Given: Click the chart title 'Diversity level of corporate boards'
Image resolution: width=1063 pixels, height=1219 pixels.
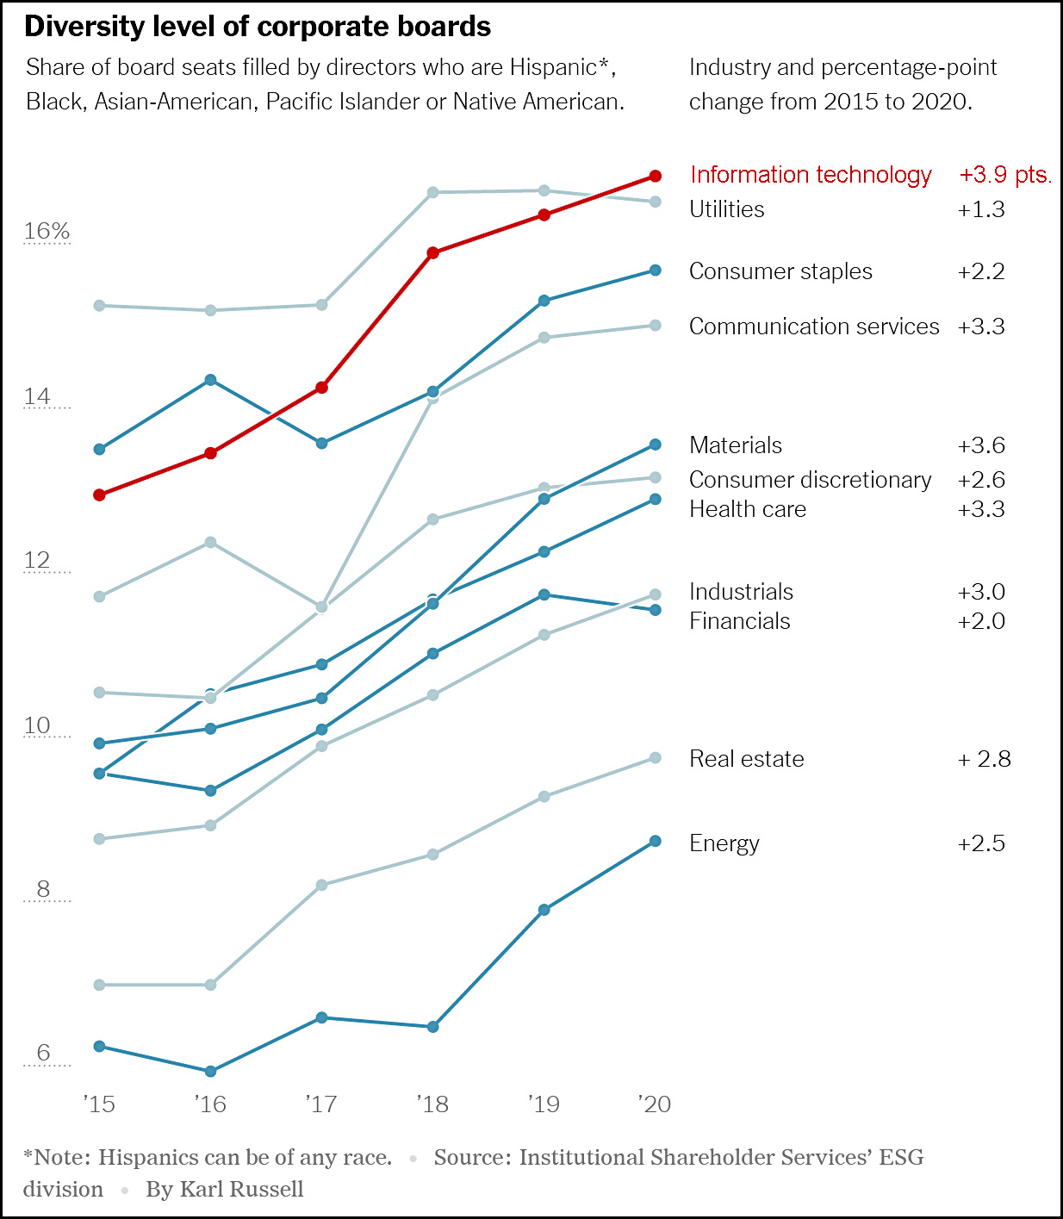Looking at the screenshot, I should click(x=258, y=27).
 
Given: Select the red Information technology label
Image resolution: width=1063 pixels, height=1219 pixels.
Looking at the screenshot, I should click(x=811, y=175).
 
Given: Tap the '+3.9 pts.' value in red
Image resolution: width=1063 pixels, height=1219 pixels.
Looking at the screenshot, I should click(x=1005, y=175).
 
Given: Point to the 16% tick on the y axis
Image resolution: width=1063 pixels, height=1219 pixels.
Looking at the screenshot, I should click(x=47, y=231).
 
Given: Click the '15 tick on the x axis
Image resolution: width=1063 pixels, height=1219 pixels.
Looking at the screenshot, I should click(x=99, y=1104).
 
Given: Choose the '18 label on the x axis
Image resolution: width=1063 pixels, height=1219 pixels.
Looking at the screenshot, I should click(x=432, y=1104).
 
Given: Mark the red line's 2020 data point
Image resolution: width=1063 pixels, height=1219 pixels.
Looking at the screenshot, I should click(x=655, y=176).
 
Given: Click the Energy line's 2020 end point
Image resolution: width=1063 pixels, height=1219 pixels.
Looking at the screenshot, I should click(x=655, y=841).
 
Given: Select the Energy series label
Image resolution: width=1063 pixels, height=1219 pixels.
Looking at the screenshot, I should click(x=724, y=843).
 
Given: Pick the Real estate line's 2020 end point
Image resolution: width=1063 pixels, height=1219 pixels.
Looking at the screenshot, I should click(x=655, y=758).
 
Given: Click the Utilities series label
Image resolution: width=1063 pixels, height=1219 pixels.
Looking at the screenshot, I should click(x=727, y=209).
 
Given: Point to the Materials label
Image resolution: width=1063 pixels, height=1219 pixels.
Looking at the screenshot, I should click(x=736, y=445).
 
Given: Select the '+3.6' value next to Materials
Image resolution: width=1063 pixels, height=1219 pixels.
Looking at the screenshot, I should click(x=981, y=445).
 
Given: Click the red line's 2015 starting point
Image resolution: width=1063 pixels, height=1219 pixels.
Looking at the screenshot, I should click(x=99, y=494).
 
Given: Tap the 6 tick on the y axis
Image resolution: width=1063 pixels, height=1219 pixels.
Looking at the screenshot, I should click(x=43, y=1053).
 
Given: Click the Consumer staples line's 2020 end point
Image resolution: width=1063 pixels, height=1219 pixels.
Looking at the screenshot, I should click(x=655, y=271).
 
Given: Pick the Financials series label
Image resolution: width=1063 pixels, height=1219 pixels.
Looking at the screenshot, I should click(x=740, y=621).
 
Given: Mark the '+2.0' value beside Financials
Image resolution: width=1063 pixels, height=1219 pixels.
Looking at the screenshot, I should click(x=981, y=621).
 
